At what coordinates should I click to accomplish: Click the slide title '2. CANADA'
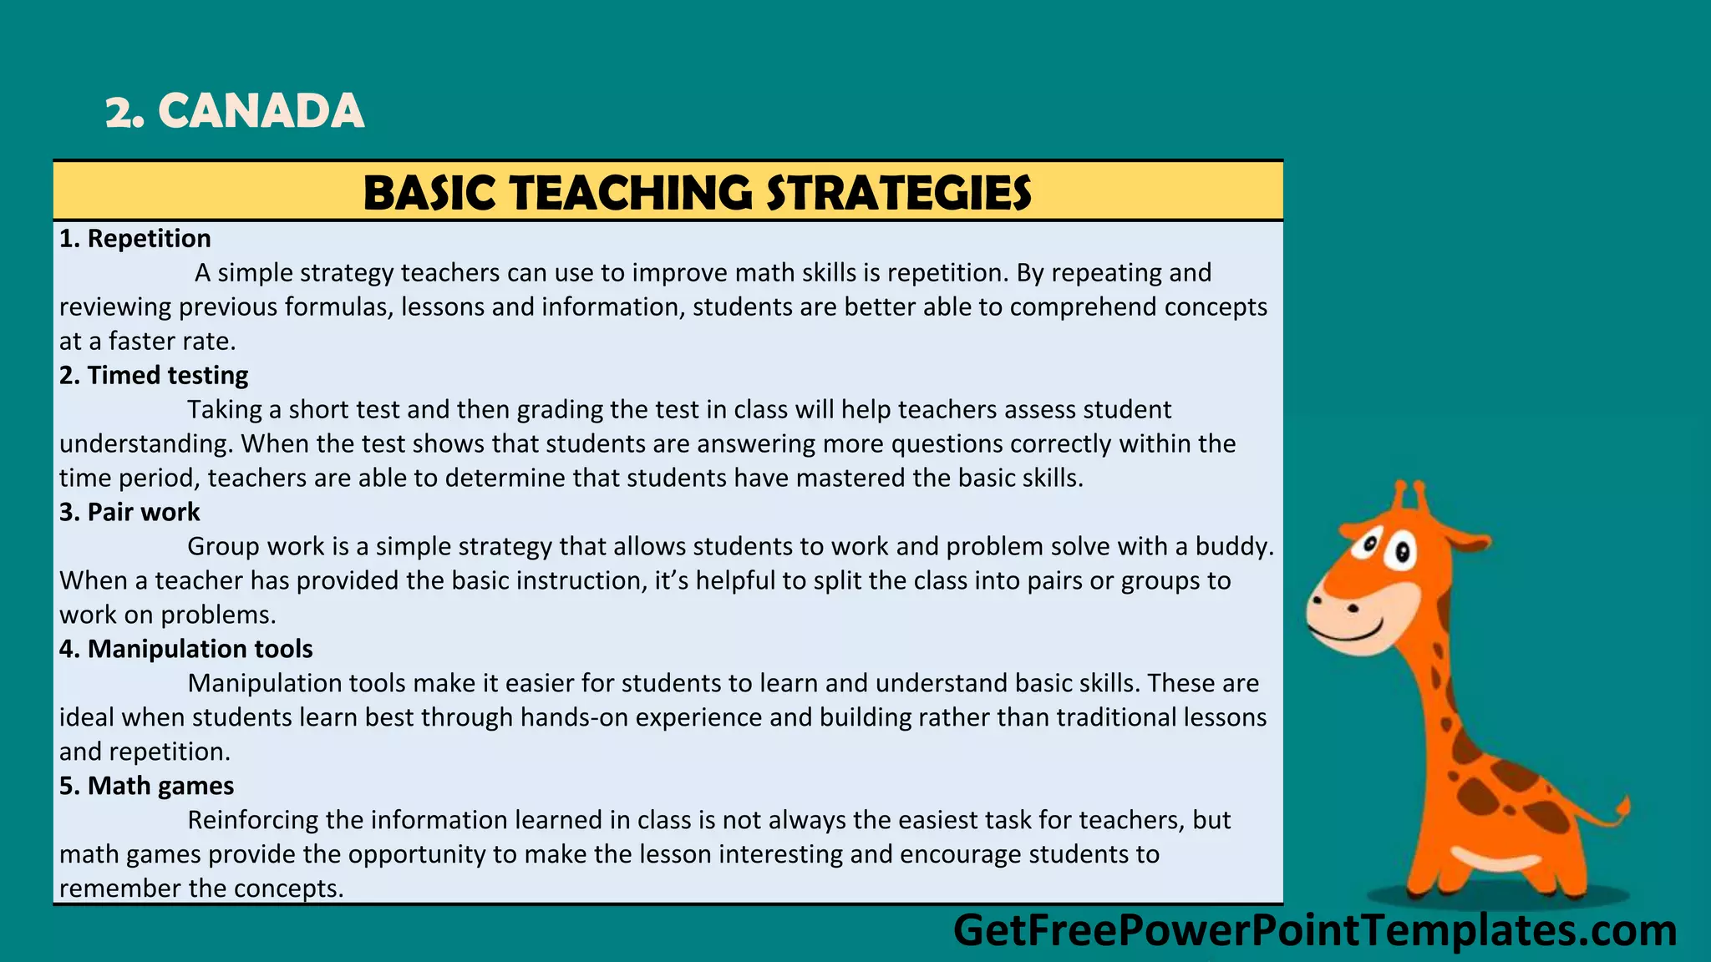[235, 111]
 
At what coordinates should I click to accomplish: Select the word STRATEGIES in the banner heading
[899, 193]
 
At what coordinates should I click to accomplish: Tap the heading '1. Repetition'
[135, 239]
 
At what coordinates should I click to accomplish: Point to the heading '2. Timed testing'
[154, 376]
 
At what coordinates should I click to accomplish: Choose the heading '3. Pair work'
[129, 512]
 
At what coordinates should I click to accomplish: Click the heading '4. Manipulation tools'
[185, 649]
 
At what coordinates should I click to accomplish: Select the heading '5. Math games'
[146, 786]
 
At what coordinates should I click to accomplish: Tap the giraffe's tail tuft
[1622, 808]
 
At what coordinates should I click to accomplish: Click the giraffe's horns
[1409, 496]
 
